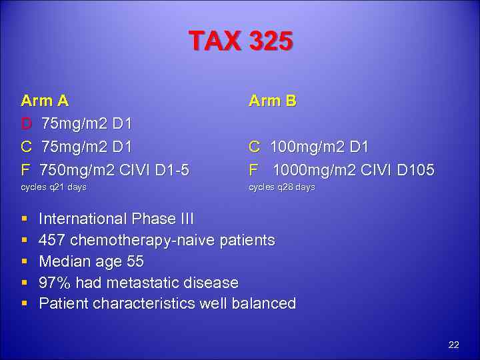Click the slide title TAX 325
click(x=241, y=42)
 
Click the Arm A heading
click(x=45, y=101)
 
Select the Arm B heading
click(x=272, y=101)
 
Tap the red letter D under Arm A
click(x=26, y=124)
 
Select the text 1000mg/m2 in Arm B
click(x=311, y=170)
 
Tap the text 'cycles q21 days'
click(x=54, y=187)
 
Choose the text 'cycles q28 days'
click(x=281, y=187)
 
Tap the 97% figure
click(x=54, y=283)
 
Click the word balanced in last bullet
click(x=263, y=304)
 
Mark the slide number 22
click(x=453, y=345)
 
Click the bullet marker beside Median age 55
click(x=24, y=261)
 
